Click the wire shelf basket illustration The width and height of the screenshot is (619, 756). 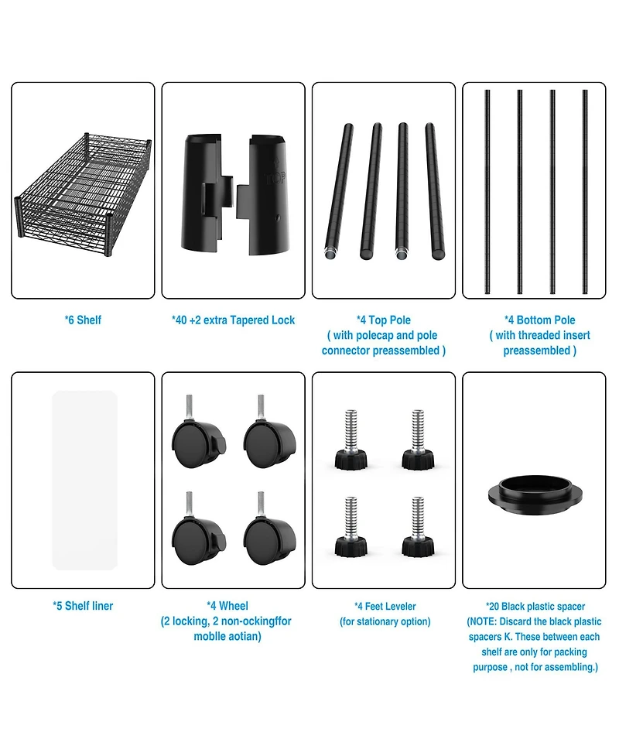pyautogui.click(x=84, y=187)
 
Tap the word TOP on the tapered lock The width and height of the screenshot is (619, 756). pyautogui.click(x=276, y=179)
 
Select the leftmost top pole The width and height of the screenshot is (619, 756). pyautogui.click(x=337, y=193)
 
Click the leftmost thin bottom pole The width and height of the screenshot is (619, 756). pyautogui.click(x=487, y=191)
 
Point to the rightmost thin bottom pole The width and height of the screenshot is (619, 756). pyautogui.click(x=585, y=191)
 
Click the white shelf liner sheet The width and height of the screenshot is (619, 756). pyautogui.click(x=84, y=481)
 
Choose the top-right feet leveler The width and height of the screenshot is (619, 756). pyautogui.click(x=418, y=440)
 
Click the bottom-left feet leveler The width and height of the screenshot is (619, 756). pyautogui.click(x=351, y=526)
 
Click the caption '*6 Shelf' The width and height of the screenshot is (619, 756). pyautogui.click(x=83, y=320)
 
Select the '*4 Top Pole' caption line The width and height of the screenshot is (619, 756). pyautogui.click(x=384, y=320)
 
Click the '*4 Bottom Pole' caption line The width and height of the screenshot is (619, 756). pyautogui.click(x=540, y=320)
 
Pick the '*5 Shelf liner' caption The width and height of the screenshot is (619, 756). pyautogui.click(x=83, y=606)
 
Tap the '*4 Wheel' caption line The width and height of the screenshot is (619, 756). pyautogui.click(x=227, y=606)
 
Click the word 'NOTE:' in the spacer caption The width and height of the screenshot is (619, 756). pyautogui.click(x=483, y=621)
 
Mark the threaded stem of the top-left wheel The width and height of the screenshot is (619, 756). pyautogui.click(x=190, y=408)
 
